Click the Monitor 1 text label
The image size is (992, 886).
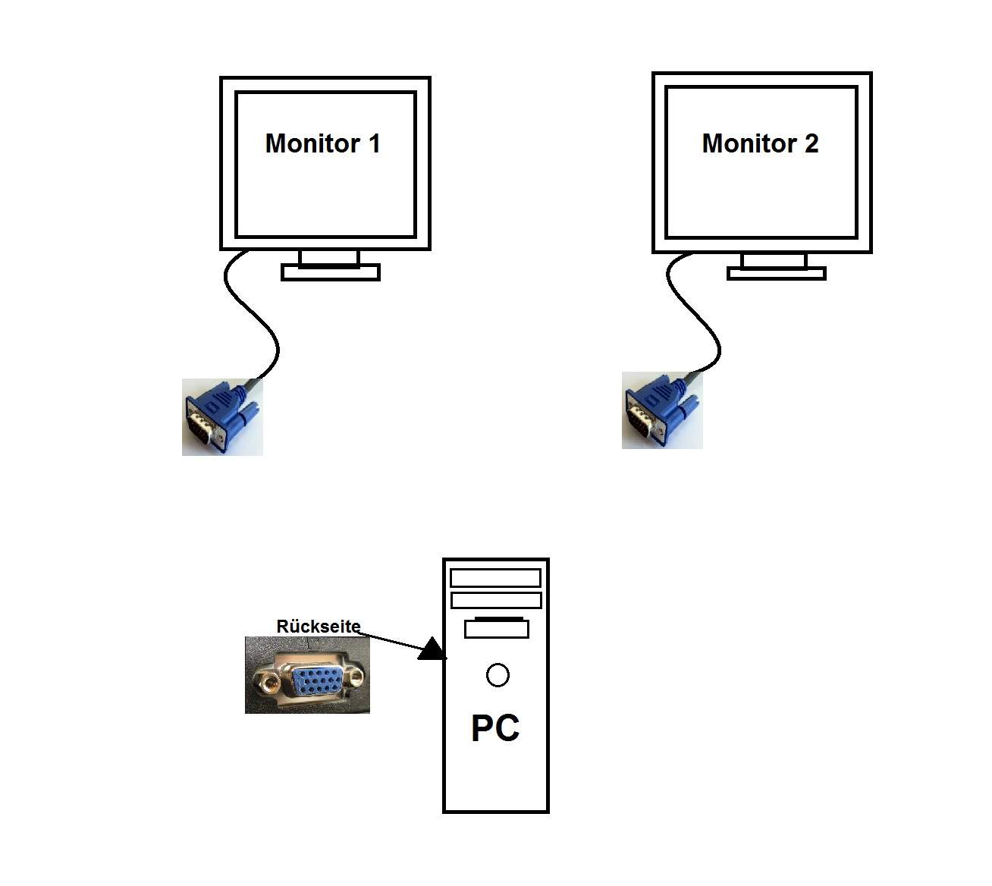pyautogui.click(x=322, y=143)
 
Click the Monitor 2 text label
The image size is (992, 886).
pyautogui.click(x=760, y=143)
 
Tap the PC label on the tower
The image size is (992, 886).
pyautogui.click(x=495, y=728)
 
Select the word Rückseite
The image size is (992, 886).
pyautogui.click(x=318, y=627)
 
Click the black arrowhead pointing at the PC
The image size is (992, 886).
pyautogui.click(x=432, y=649)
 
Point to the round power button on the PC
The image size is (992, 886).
pyautogui.click(x=498, y=674)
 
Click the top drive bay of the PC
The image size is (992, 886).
pyautogui.click(x=495, y=578)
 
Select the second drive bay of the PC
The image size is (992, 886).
pyautogui.click(x=495, y=601)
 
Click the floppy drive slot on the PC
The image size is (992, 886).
pyautogui.click(x=496, y=628)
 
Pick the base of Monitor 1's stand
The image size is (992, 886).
pyautogui.click(x=330, y=272)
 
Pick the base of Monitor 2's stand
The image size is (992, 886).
pyautogui.click(x=776, y=273)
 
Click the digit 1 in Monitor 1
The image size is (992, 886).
pyautogui.click(x=374, y=143)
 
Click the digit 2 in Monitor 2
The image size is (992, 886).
pyautogui.click(x=811, y=143)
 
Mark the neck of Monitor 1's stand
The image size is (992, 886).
pyautogui.click(x=329, y=258)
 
